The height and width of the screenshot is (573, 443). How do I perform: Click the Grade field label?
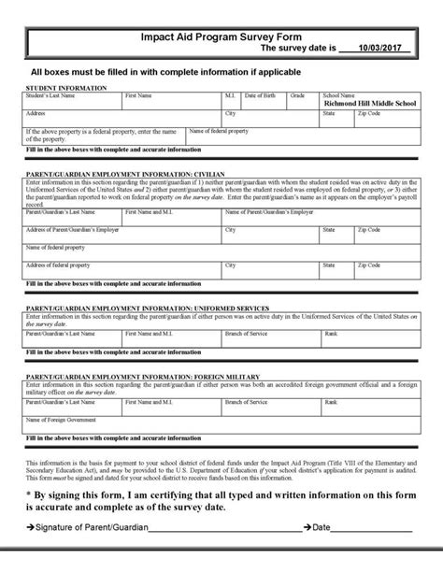pyautogui.click(x=297, y=93)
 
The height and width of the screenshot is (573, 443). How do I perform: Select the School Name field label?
pyautogui.click(x=337, y=93)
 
